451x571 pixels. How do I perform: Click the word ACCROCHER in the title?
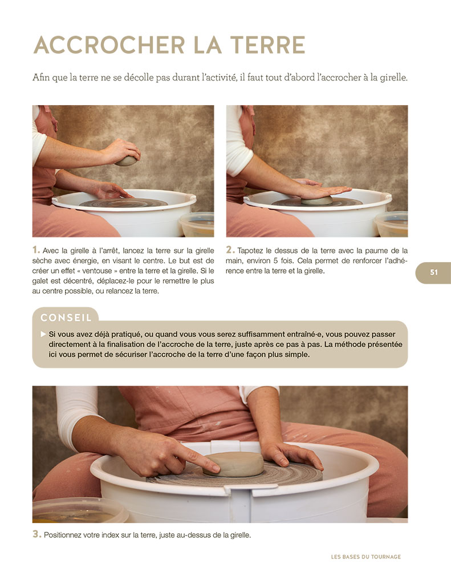tap(109, 45)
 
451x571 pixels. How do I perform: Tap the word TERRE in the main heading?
tap(268, 45)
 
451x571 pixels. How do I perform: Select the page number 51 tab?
tap(433, 272)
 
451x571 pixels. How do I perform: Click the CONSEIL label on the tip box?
tap(66, 317)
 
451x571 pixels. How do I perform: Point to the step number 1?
tap(36, 250)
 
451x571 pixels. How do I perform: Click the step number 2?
tap(230, 250)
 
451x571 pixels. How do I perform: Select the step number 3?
tap(36, 534)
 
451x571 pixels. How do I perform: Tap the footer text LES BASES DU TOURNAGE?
tap(366, 557)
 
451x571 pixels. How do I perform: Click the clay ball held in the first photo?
tap(126, 161)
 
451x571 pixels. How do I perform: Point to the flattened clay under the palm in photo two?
tap(316, 200)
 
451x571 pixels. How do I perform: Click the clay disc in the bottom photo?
tap(234, 464)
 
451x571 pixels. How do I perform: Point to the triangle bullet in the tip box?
tap(43, 334)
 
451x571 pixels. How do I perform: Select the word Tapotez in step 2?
tap(250, 251)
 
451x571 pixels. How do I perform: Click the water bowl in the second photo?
tap(392, 224)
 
